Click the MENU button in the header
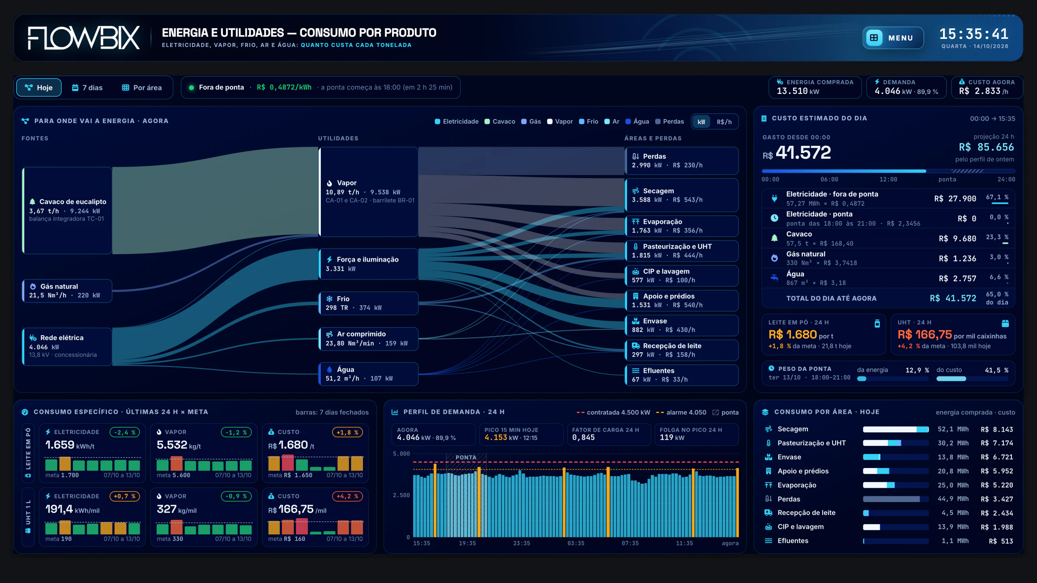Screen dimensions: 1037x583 [893, 38]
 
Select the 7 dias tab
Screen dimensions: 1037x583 [87, 87]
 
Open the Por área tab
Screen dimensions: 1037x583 [142, 87]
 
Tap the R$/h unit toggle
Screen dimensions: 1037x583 [724, 122]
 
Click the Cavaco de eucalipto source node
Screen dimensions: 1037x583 [67, 211]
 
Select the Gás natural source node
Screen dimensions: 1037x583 [67, 291]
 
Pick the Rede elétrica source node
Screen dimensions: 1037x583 [67, 347]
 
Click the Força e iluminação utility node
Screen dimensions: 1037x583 [369, 264]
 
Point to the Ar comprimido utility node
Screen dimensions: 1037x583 [369, 338]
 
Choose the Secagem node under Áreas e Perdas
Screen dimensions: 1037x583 [682, 195]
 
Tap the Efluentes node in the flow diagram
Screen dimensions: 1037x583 [682, 375]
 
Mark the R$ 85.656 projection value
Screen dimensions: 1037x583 [986, 147]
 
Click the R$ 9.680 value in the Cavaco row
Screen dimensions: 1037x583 [958, 239]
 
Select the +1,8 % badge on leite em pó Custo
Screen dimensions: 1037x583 [347, 432]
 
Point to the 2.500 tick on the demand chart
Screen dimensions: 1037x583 [401, 496]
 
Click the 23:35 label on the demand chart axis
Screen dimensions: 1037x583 [521, 543]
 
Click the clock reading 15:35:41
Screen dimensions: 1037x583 [974, 34]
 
